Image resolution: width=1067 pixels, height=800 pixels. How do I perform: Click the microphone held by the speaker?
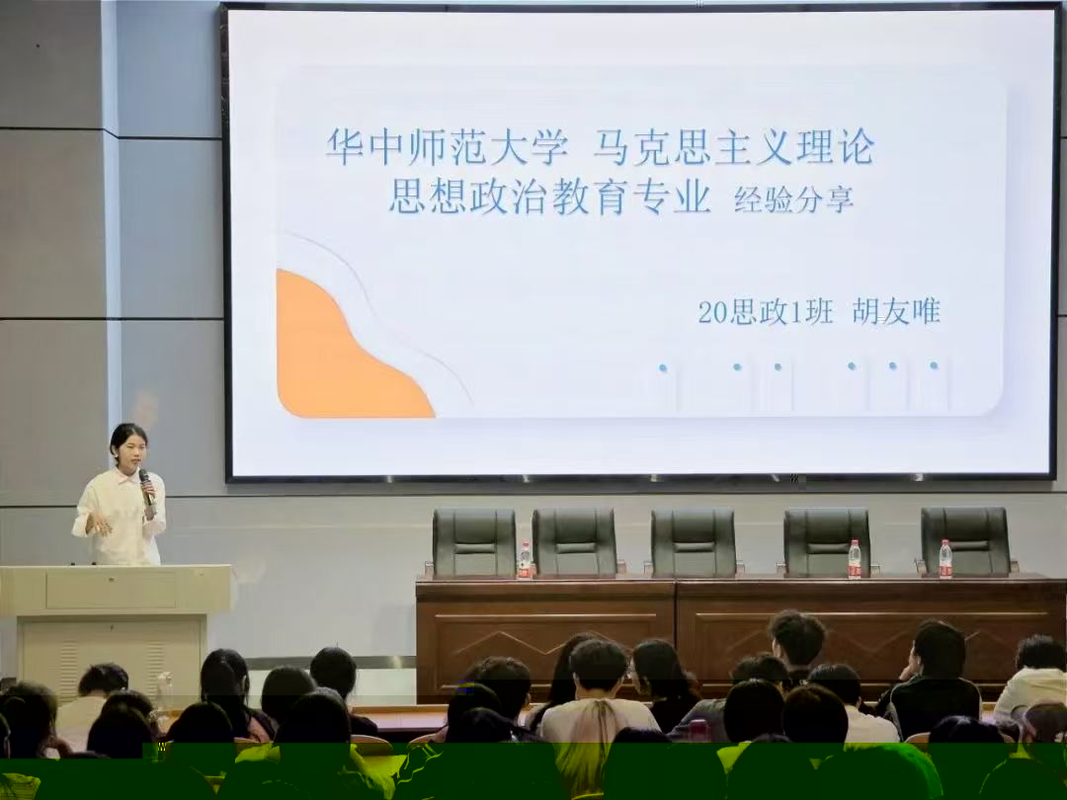[x=145, y=486]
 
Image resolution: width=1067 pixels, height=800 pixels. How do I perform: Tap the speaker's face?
[x=130, y=449]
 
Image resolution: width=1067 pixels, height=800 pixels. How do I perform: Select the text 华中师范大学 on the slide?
[x=448, y=146]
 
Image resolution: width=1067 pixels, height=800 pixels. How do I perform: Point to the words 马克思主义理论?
[x=734, y=146]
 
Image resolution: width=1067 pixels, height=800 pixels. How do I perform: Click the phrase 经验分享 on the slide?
[x=793, y=200]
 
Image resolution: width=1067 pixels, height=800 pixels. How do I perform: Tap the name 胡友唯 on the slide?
[x=896, y=311]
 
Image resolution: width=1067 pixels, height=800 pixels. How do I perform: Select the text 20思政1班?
[x=766, y=312]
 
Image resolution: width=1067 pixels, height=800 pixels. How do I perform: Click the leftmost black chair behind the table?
[x=474, y=543]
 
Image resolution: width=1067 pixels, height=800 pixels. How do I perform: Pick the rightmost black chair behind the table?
[x=965, y=541]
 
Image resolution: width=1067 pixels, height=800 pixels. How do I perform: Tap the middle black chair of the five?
[x=694, y=542]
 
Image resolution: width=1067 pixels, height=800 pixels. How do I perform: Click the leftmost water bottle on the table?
[x=524, y=560]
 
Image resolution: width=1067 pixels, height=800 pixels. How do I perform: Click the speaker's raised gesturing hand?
[x=100, y=523]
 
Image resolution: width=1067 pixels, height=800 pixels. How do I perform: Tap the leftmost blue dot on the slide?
[x=663, y=368]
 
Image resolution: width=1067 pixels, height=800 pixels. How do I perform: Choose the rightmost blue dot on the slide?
[x=934, y=365]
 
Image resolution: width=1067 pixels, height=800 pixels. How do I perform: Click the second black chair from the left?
[x=574, y=543]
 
